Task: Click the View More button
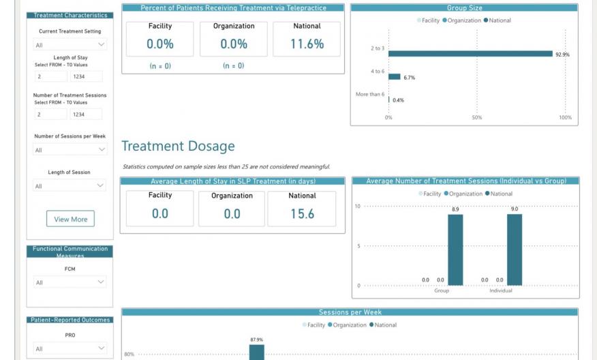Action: tap(70, 219)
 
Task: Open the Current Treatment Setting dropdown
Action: tap(70, 44)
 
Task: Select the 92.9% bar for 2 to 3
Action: tap(470, 54)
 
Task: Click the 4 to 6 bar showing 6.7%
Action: tap(394, 77)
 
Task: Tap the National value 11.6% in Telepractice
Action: tap(307, 44)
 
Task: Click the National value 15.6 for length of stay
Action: tap(302, 213)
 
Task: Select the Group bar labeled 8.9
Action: tap(455, 250)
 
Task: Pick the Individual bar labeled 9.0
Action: tap(515, 250)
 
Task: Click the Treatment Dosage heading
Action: tap(178, 146)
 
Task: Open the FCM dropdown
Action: tap(70, 282)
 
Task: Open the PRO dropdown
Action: tap(70, 348)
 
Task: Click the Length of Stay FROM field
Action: tap(51, 77)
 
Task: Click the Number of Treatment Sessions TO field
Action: tap(87, 115)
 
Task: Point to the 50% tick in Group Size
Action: tap(476, 117)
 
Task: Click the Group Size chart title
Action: tap(464, 8)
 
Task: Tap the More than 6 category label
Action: tap(369, 94)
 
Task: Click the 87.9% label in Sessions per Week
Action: tap(256, 340)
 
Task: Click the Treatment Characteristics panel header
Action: tap(70, 15)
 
